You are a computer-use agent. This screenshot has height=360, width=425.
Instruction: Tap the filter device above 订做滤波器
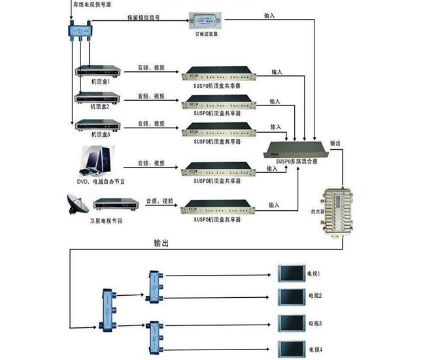pos(207,22)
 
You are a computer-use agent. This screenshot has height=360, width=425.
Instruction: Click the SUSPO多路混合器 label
pos(296,160)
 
